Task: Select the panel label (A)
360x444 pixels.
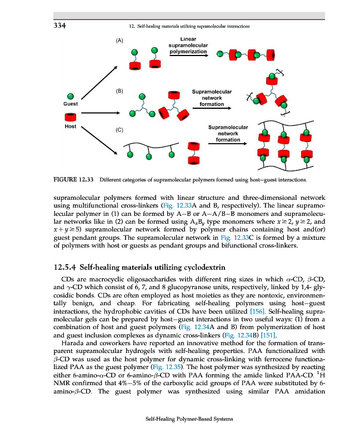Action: pyautogui.click(x=119, y=41)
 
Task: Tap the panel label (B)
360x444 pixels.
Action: pyautogui.click(x=119, y=89)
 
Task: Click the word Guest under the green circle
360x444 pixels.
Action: pyautogui.click(x=71, y=104)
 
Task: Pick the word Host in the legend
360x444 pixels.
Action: pyautogui.click(x=71, y=126)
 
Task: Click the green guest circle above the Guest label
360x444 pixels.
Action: pyautogui.click(x=71, y=95)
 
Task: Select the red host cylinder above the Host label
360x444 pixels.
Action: pyautogui.click(x=71, y=117)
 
